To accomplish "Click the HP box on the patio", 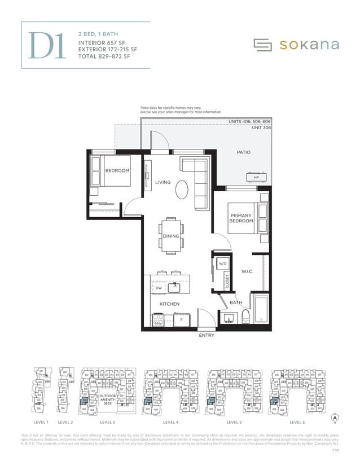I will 256,177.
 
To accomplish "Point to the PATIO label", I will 243,152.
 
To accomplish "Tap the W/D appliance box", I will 222,263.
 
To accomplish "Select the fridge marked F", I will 181,320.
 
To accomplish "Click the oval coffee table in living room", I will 183,189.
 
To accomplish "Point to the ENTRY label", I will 206,336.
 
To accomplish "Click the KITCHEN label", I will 169,304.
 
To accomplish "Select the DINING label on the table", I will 171,236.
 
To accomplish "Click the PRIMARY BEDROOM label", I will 241,218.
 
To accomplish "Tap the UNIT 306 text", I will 261,128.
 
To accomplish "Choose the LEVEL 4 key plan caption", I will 171,422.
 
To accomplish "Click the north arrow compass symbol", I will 335,418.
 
